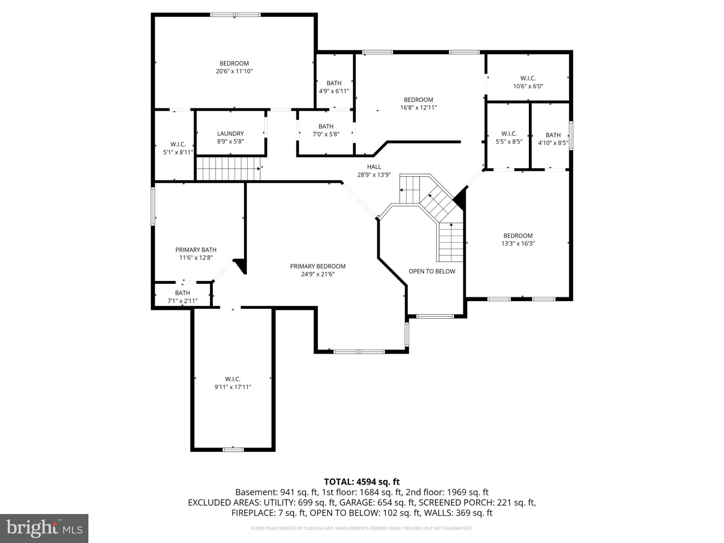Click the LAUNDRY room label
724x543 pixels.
click(230, 134)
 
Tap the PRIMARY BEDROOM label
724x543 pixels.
click(317, 266)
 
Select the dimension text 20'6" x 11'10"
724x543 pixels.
click(234, 71)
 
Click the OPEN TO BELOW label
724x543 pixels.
click(432, 271)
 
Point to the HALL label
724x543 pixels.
click(374, 167)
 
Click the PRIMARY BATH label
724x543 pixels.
click(196, 250)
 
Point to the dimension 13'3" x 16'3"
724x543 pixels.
click(518, 243)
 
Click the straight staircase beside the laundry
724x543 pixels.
click(228, 169)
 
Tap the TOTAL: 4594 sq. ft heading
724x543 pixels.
click(362, 481)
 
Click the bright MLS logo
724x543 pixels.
click(44, 528)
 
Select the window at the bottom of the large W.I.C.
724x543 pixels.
click(233, 450)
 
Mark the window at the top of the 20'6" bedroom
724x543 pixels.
click(235, 15)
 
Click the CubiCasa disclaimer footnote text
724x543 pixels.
click(362, 528)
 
